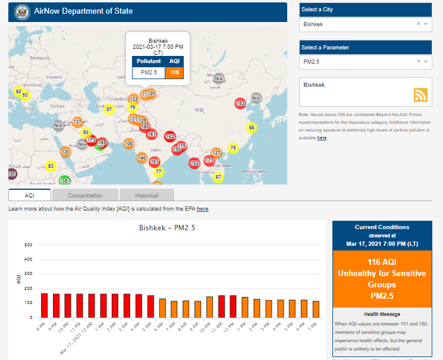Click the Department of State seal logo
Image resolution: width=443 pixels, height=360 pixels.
pyautogui.click(x=21, y=11)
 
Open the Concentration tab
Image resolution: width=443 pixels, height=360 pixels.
pyautogui.click(x=85, y=195)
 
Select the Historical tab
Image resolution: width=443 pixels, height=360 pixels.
pyautogui.click(x=146, y=195)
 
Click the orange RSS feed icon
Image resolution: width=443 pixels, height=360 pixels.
pyautogui.click(x=421, y=95)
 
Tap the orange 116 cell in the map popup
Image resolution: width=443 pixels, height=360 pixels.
pyautogui.click(x=174, y=73)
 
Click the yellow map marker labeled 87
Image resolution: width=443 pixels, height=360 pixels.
pyautogui.click(x=109, y=109)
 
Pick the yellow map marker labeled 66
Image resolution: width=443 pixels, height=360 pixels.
pyautogui.click(x=252, y=128)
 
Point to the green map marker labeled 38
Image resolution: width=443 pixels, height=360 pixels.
pyautogui.click(x=64, y=181)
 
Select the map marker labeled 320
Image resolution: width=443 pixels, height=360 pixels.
pyautogui.click(x=12, y=174)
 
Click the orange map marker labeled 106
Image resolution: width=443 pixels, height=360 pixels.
pyautogui.click(x=128, y=143)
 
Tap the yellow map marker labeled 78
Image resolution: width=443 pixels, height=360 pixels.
pyautogui.click(x=233, y=148)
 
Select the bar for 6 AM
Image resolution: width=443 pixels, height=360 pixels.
pyautogui.click(x=162, y=308)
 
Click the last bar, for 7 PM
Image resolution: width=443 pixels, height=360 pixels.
pyautogui.click(x=316, y=309)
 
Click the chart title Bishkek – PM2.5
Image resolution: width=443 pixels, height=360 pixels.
pyautogui.click(x=167, y=227)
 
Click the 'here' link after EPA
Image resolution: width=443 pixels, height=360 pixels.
pyautogui.click(x=203, y=209)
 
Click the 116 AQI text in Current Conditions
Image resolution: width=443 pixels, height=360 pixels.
pyautogui.click(x=382, y=262)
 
